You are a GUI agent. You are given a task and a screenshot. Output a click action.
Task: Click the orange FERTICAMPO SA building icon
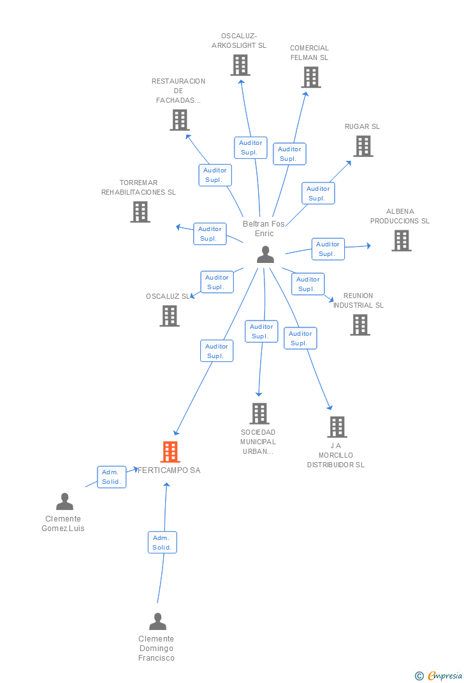point(170,452)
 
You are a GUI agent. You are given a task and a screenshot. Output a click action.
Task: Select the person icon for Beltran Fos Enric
point(265,255)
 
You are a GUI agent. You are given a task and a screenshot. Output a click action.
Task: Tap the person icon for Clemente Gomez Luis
point(64,502)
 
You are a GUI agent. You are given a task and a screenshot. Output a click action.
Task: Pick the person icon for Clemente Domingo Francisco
point(157,622)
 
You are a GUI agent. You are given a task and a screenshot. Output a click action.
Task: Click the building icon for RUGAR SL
point(363,146)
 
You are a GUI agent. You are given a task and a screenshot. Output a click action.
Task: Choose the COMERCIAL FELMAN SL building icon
point(311,77)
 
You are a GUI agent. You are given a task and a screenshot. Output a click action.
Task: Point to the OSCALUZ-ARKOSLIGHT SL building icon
point(240,65)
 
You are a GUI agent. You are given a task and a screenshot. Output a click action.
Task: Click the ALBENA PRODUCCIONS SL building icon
point(401,241)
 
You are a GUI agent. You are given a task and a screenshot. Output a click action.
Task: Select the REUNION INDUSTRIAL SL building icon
point(360,325)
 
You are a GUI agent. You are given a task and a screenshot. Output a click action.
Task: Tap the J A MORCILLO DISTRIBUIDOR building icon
point(337,427)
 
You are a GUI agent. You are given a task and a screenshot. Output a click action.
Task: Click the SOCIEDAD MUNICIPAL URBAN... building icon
point(259,414)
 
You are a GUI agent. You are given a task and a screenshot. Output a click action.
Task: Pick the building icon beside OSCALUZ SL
point(170,316)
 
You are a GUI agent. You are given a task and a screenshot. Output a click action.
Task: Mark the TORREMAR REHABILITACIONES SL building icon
point(140,212)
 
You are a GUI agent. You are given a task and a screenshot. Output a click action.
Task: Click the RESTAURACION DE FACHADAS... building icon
point(180,120)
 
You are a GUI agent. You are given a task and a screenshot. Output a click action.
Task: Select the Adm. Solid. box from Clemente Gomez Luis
point(112,477)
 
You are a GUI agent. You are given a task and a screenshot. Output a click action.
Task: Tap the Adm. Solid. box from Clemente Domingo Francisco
point(162,543)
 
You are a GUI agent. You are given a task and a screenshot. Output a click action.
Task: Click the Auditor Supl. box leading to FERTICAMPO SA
point(217,351)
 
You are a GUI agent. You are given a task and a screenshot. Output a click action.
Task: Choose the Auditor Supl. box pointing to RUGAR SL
point(318,193)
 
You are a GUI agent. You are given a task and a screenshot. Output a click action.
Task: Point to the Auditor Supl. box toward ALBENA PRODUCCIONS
point(328,249)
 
